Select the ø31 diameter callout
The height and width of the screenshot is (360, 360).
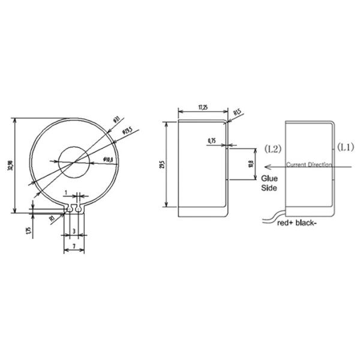[116, 119]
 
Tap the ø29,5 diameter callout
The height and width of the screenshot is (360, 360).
[127, 130]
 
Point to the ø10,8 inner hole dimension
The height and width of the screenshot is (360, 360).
[109, 158]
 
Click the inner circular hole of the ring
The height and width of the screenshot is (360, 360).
[74, 161]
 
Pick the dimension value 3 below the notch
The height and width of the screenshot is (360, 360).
[74, 230]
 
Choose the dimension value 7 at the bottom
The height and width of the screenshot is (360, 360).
[74, 246]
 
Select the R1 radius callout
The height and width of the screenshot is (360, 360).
[53, 218]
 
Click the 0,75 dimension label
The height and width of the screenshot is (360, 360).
[211, 140]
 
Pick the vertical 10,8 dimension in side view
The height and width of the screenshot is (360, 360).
[251, 163]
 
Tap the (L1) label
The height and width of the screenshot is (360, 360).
[346, 146]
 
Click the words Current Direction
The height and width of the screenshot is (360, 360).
[308, 164]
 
